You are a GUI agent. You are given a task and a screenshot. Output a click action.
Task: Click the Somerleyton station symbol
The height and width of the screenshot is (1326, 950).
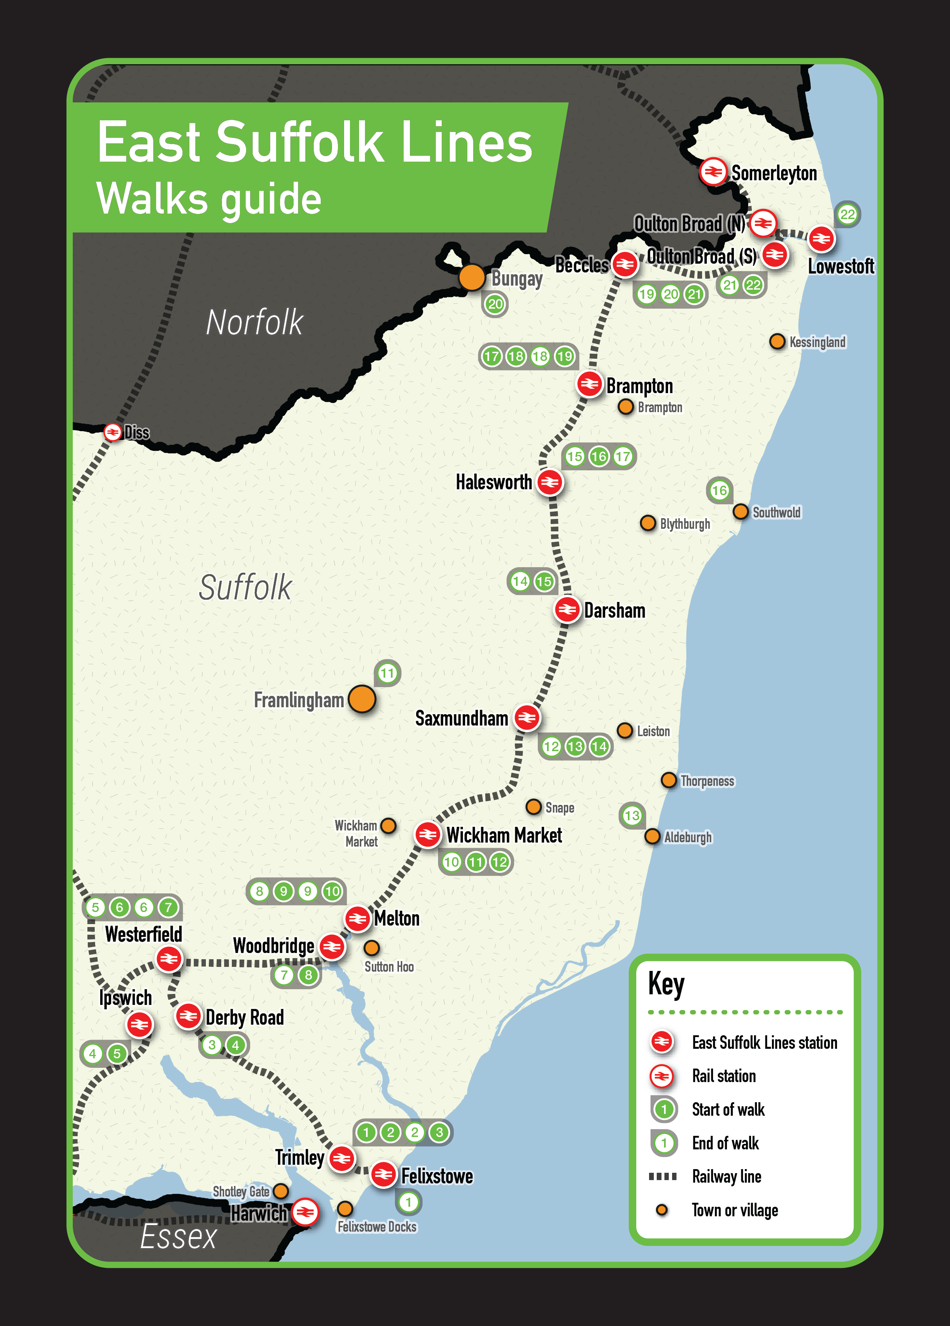(713, 172)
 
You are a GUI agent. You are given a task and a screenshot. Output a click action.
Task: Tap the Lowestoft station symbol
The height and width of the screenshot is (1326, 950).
(821, 238)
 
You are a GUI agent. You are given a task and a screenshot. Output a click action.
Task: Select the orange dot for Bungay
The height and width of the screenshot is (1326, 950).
(471, 277)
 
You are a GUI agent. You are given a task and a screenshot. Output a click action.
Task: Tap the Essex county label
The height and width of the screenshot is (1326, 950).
(178, 1236)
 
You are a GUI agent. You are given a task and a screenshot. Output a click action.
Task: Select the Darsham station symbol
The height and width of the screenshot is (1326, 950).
(566, 610)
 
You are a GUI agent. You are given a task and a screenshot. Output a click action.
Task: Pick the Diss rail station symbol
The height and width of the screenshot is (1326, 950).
(112, 432)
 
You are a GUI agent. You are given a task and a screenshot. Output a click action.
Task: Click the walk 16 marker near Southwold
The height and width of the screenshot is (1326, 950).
(719, 490)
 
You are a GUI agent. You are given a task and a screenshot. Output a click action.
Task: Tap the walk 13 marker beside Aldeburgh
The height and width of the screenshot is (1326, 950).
(632, 815)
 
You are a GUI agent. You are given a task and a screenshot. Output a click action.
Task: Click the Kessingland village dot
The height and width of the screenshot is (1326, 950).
(777, 342)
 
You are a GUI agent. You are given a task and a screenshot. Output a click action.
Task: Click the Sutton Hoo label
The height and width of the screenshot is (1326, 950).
(389, 967)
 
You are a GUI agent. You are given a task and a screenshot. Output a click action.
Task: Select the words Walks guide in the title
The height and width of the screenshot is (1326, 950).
(209, 199)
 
